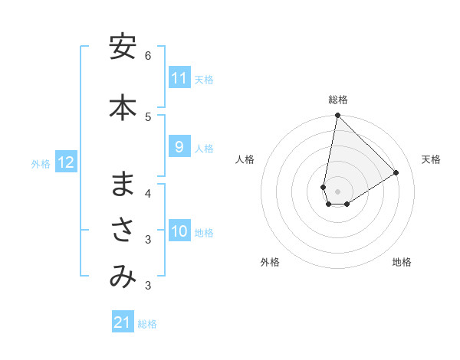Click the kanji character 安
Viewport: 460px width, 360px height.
click(x=123, y=47)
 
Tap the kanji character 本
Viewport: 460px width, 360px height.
click(x=123, y=106)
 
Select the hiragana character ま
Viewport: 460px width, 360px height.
click(x=123, y=184)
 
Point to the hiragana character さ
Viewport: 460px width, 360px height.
click(x=123, y=231)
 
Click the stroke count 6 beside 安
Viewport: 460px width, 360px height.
click(x=148, y=56)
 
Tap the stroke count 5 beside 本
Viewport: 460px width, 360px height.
click(x=148, y=116)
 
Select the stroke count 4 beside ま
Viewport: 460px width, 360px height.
click(x=148, y=193)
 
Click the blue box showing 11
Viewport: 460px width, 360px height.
click(x=179, y=78)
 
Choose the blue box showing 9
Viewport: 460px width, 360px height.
click(x=179, y=147)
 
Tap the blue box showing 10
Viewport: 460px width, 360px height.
click(x=179, y=232)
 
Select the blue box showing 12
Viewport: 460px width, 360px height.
click(x=66, y=162)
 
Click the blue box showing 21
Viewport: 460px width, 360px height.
click(x=123, y=322)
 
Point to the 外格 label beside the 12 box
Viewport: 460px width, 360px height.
click(x=41, y=163)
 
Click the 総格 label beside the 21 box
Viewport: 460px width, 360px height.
click(x=147, y=324)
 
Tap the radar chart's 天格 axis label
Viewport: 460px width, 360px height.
click(x=431, y=159)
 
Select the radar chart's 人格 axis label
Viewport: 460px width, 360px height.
click(x=245, y=159)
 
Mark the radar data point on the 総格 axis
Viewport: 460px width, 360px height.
click(x=337, y=116)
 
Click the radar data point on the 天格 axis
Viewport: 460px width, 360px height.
click(x=396, y=173)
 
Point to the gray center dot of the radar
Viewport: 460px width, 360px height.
click(x=337, y=191)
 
